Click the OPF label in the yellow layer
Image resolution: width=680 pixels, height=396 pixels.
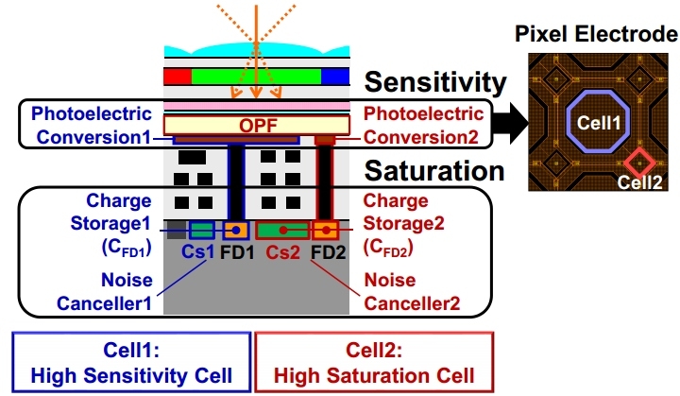coord(256,124)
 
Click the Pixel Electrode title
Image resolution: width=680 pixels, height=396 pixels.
coord(597,35)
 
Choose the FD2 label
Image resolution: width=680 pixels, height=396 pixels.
coord(327,253)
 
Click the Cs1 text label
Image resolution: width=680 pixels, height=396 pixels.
coord(198,253)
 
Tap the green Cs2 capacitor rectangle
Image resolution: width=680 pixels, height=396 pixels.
coord(280,231)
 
